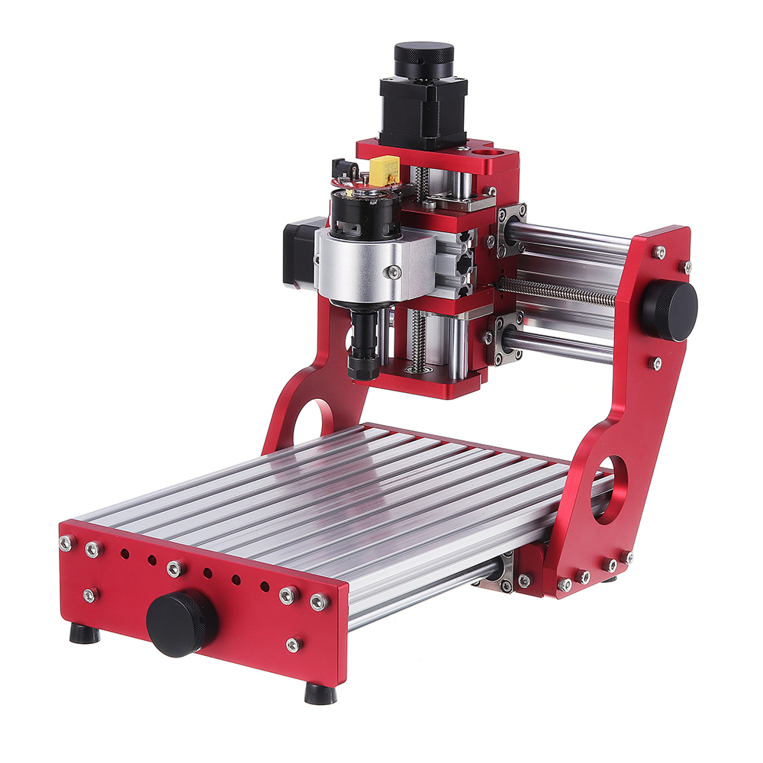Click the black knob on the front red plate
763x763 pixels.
(182, 623)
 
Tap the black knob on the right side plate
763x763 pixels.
(668, 311)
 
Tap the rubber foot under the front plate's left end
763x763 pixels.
(84, 634)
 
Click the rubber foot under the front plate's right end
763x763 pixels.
(320, 694)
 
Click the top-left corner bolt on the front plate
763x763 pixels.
(66, 542)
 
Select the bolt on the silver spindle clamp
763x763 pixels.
(394, 271)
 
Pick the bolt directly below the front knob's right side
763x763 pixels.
(293, 645)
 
